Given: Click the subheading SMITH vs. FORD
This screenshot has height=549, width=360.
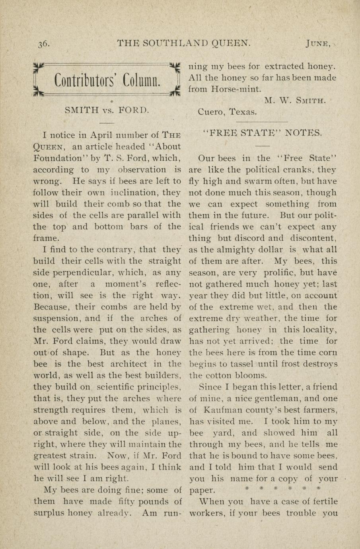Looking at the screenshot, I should click(107, 109).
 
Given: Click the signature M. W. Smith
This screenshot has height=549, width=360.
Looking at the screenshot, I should click(295, 101).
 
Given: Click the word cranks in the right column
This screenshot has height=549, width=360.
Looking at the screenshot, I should click(295, 170).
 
